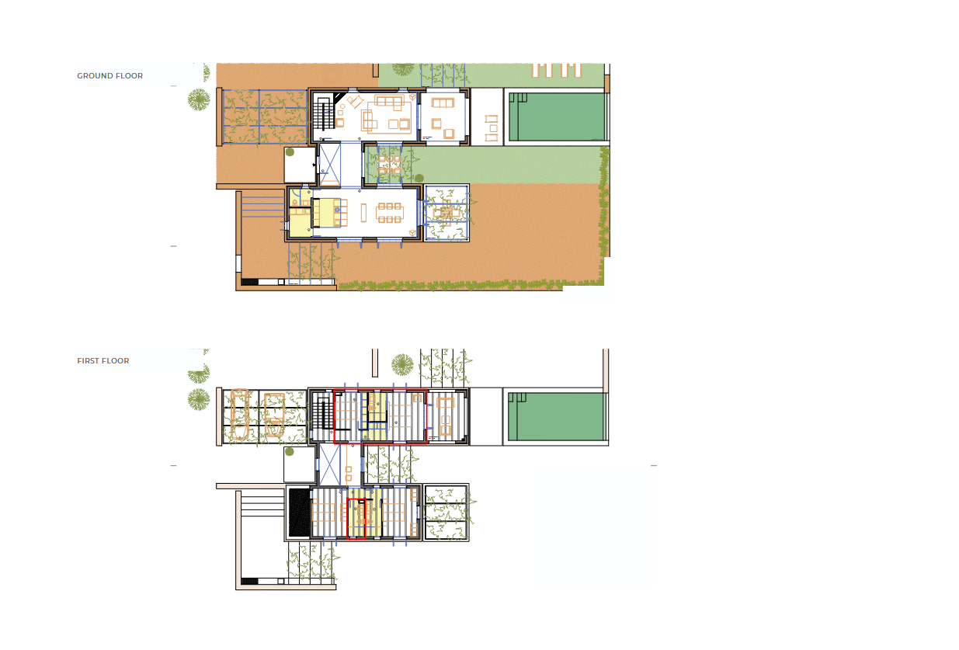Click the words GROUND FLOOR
pyautogui.click(x=109, y=76)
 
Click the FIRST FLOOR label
pyautogui.click(x=103, y=361)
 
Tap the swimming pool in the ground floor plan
pyautogui.click(x=558, y=116)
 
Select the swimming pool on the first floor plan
pyautogui.click(x=557, y=416)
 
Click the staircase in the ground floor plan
pyautogui.click(x=323, y=113)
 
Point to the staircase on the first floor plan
pyautogui.click(x=322, y=414)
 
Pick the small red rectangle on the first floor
pyautogui.click(x=356, y=519)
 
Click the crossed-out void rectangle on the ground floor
pyautogui.click(x=330, y=165)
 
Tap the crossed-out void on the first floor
pyautogui.click(x=330, y=465)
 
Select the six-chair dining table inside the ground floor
pyautogui.click(x=390, y=213)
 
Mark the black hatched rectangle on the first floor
pyautogui.click(x=299, y=513)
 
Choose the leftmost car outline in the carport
pyautogui.click(x=240, y=414)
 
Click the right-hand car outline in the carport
pyautogui.click(x=274, y=415)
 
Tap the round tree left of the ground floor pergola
pyautogui.click(x=199, y=99)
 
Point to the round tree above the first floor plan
pyautogui.click(x=402, y=365)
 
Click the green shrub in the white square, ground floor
pyautogui.click(x=290, y=152)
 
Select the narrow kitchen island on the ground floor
pyautogui.click(x=363, y=213)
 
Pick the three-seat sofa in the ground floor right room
pyautogui.click(x=443, y=103)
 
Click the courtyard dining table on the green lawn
pyautogui.click(x=390, y=165)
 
